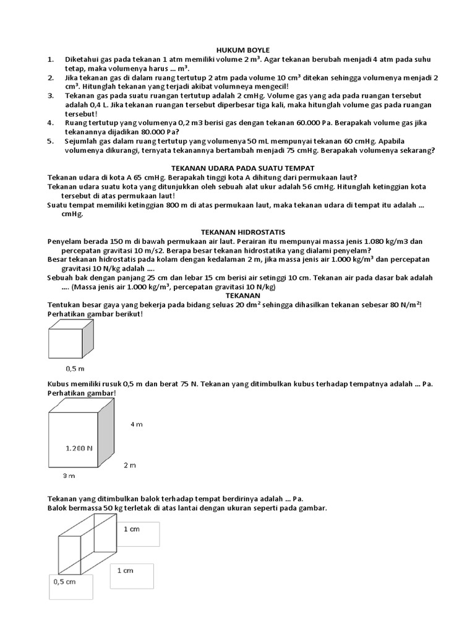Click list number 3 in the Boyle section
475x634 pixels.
click(50, 96)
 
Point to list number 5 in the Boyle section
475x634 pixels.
click(50, 141)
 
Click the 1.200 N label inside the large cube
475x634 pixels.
click(79, 447)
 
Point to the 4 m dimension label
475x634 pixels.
click(136, 424)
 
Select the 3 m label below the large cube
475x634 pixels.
click(69, 476)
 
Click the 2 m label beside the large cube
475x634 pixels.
click(130, 464)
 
